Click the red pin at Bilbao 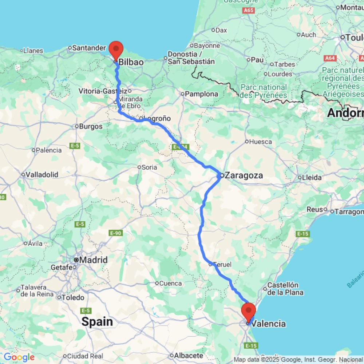[x=116, y=50]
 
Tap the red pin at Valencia [x=249, y=312]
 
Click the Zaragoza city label [x=244, y=175]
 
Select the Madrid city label [x=93, y=260]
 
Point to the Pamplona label [x=201, y=94]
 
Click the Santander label [x=89, y=48]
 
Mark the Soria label [x=149, y=167]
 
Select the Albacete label [x=189, y=355]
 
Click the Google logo [x=19, y=357]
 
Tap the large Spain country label [x=97, y=322]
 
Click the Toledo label [x=73, y=297]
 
